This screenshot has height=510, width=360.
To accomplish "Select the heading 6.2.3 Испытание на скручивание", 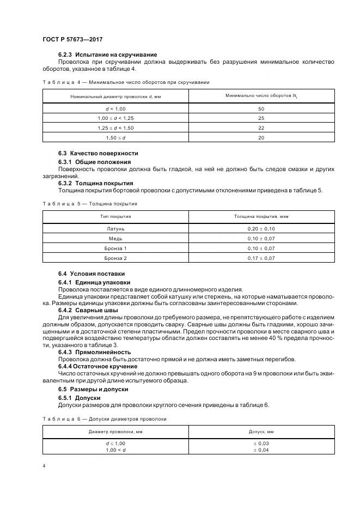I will tap(107, 54).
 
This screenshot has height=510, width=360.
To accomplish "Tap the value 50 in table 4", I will tap(261, 108).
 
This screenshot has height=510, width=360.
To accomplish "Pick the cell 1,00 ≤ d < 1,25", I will tap(115, 118).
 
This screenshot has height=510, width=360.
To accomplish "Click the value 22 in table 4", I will tap(261, 128).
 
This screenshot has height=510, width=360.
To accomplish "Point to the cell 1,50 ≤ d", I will tap(115, 138).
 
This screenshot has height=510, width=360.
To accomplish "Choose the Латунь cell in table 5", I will tap(115, 229).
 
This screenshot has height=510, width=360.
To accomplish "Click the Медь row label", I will tap(115, 239).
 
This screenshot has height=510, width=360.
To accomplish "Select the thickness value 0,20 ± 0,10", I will tap(261, 229).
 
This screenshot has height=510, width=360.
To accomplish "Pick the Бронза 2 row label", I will tap(115, 258).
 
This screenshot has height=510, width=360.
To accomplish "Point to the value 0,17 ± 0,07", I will tap(261, 258).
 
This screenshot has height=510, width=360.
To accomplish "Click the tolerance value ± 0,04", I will tap(261, 450).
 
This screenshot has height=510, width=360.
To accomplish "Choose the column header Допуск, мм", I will tap(261, 432).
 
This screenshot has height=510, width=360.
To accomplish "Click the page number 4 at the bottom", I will tap(44, 466).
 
